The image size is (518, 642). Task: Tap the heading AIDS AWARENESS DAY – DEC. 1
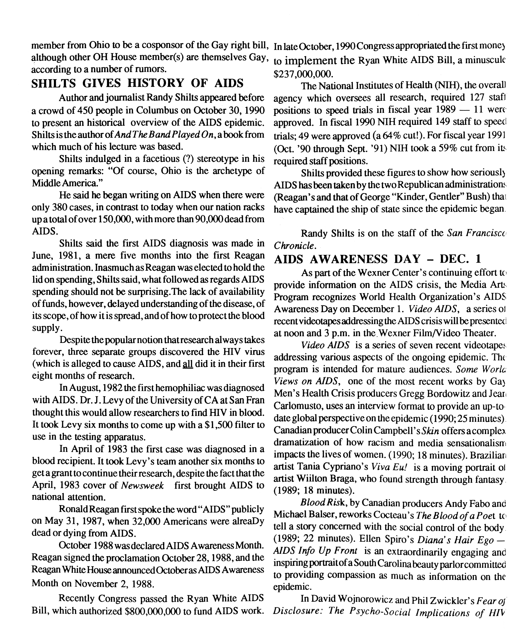click(x=378, y=259)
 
